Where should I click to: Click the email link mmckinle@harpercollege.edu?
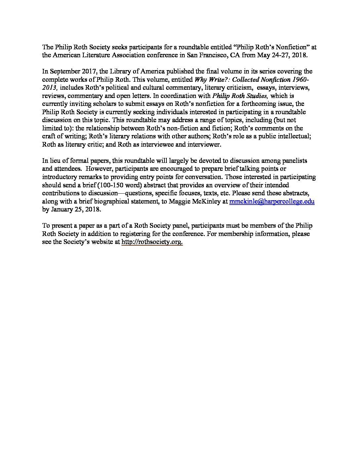pyautogui.click(x=272, y=201)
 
